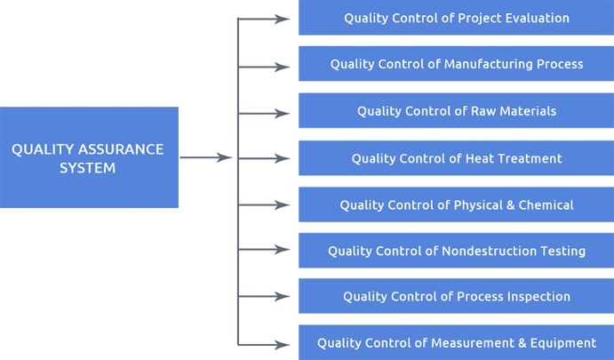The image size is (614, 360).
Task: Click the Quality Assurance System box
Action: coord(89,157)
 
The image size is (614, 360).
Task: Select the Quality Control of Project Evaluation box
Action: coord(456,18)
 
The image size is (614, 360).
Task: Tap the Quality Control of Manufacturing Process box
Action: coord(456,64)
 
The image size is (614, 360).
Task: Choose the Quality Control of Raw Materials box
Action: coord(456,110)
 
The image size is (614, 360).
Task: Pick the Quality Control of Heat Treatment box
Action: coord(456,158)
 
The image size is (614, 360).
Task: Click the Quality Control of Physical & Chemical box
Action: coord(456,204)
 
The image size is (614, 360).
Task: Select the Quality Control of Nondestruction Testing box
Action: coord(456,251)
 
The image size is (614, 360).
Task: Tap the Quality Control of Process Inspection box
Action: coord(456,296)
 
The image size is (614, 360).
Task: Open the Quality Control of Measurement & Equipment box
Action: coord(456,342)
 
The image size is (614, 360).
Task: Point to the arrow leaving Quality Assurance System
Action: coord(206,157)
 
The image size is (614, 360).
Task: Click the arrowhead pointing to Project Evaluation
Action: coord(283,19)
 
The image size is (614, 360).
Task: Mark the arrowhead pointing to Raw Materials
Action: coord(283,114)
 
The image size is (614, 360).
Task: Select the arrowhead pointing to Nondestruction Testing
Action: coord(283,250)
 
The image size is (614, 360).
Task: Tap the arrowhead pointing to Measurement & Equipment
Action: coord(283,345)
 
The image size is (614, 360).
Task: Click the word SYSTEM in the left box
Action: coord(88,168)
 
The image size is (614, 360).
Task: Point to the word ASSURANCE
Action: coord(121,149)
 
